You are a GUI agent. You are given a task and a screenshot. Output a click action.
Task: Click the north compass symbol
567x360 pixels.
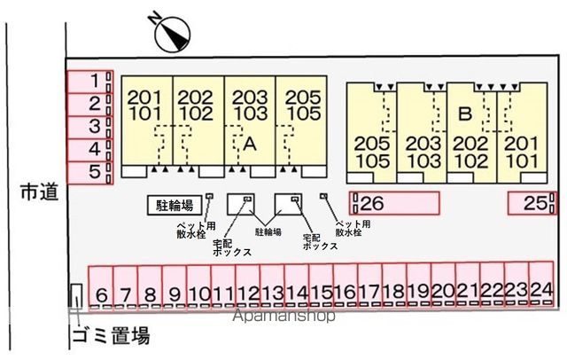[x=172, y=35]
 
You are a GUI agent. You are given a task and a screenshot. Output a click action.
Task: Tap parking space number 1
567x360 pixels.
[x=90, y=82]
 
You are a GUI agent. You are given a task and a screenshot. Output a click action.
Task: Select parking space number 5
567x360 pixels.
[x=90, y=173]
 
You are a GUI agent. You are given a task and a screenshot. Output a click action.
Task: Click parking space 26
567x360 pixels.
[x=394, y=203]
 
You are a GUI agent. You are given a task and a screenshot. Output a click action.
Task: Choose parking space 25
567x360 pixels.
[x=532, y=203]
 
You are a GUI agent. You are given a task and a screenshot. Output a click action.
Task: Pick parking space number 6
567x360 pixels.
[x=101, y=288]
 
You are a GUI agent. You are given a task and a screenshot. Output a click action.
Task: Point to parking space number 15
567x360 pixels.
[x=321, y=286]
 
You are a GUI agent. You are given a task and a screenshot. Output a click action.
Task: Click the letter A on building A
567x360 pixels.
[x=250, y=144]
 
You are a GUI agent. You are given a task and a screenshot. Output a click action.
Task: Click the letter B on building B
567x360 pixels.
[x=465, y=113]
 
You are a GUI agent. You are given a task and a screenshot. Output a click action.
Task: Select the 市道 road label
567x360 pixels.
[x=39, y=192]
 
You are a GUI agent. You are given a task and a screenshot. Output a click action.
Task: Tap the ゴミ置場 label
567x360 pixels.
[x=111, y=336]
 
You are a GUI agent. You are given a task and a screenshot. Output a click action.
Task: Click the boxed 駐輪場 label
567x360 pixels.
[x=175, y=206]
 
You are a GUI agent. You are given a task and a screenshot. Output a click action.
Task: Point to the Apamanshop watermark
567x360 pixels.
[x=283, y=316]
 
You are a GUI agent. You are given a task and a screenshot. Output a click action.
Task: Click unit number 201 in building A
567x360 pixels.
[x=144, y=98]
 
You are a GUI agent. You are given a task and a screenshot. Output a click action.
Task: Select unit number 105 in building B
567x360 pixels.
[x=372, y=160]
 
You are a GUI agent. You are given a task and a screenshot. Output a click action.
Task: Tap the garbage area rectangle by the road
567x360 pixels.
[x=76, y=297]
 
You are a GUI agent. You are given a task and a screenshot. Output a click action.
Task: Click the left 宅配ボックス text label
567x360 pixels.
[x=231, y=247]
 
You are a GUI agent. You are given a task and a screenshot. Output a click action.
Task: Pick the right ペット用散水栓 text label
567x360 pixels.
[x=353, y=228]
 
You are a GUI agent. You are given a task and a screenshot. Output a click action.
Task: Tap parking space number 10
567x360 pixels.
[x=198, y=287]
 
